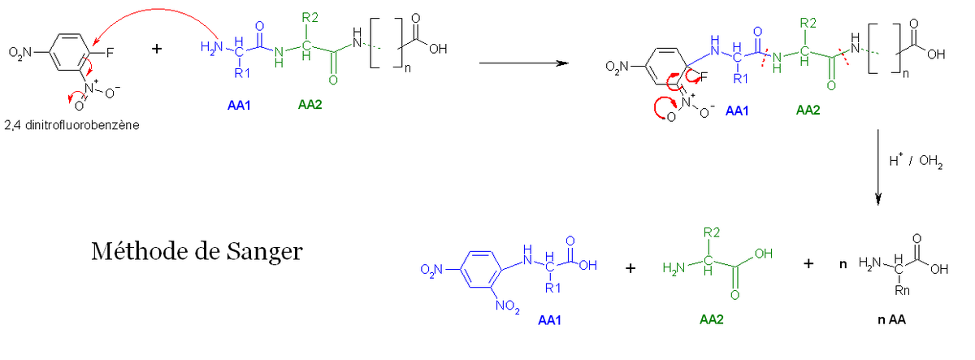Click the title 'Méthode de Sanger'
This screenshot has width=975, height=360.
(x=197, y=252)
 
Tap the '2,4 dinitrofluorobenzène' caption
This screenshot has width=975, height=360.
(x=71, y=125)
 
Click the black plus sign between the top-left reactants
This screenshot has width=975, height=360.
(x=157, y=48)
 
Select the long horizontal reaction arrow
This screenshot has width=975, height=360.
(x=524, y=63)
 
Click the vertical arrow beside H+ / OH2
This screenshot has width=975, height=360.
(x=878, y=167)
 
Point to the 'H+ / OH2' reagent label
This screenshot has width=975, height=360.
(x=916, y=161)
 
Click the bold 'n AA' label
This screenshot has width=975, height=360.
(x=891, y=320)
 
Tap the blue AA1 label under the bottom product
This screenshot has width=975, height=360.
(x=549, y=320)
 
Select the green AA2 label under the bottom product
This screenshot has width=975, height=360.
(x=711, y=320)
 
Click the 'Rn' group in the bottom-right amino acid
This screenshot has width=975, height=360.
(x=902, y=290)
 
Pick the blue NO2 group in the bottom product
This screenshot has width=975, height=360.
(x=508, y=306)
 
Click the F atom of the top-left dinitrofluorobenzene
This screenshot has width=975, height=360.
(x=110, y=53)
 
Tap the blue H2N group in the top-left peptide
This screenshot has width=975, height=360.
(x=212, y=47)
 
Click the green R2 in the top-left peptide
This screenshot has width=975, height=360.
(x=310, y=18)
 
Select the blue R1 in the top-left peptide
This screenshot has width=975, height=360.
(x=242, y=73)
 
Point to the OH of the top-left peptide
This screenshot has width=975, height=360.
(x=438, y=50)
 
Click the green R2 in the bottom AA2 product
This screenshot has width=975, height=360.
(x=712, y=233)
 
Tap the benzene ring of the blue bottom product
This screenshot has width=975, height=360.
(x=480, y=269)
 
